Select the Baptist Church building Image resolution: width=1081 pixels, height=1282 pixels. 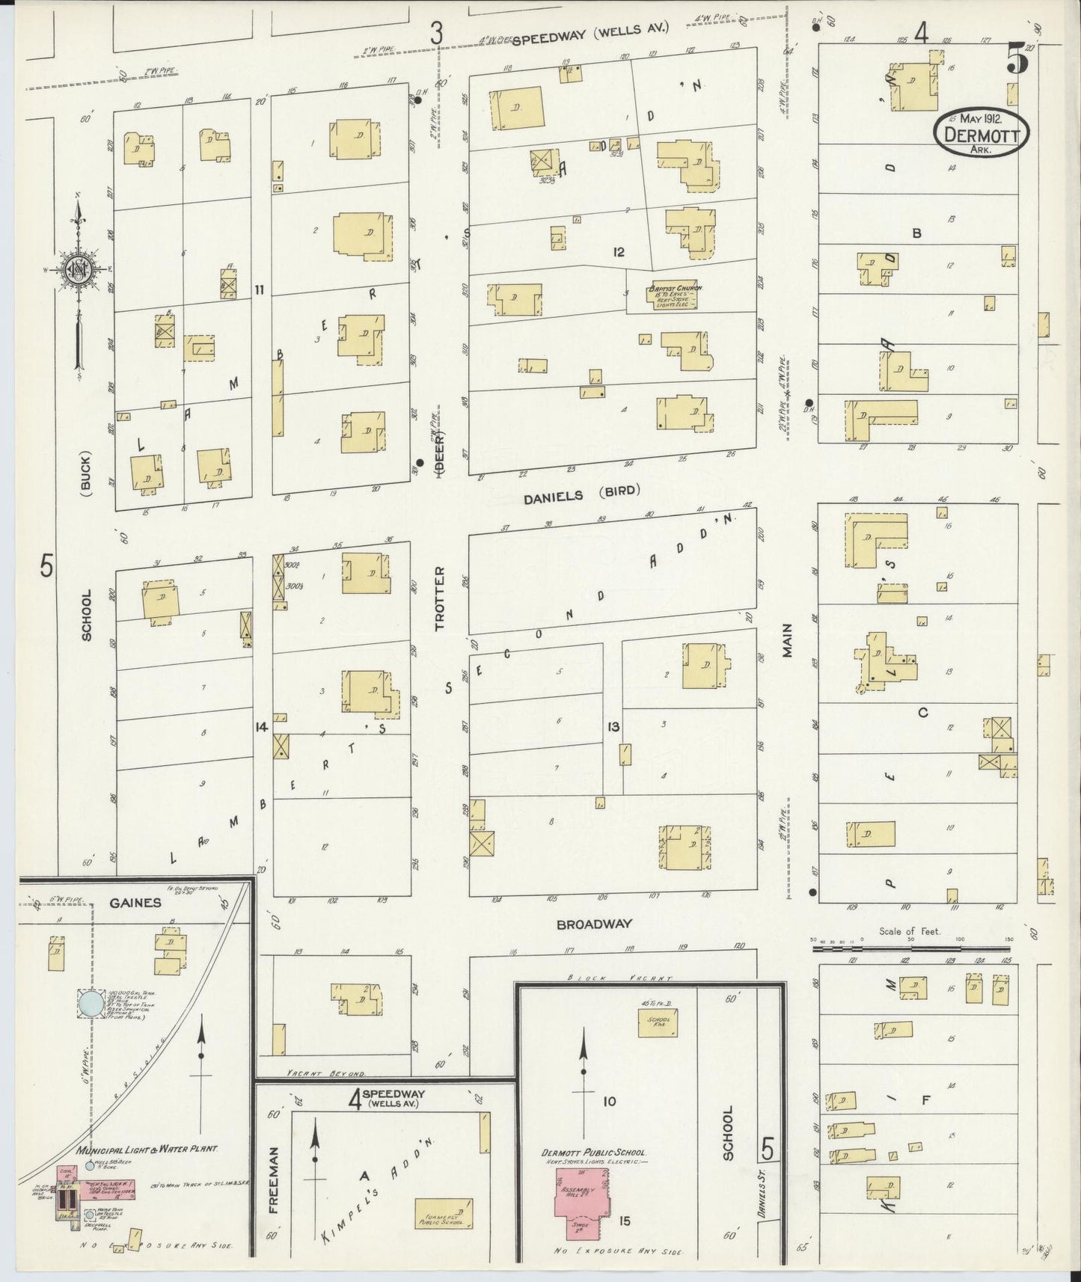(673, 297)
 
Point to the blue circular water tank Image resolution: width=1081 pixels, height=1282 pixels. (91, 1004)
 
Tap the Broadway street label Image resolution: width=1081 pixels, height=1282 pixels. (595, 924)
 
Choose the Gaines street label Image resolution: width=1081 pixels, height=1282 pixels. (135, 903)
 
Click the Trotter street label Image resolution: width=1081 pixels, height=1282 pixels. (440, 598)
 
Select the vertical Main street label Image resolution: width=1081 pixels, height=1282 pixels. (788, 641)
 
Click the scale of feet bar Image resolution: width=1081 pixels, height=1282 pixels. (913, 948)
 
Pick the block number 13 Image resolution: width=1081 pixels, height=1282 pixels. (613, 726)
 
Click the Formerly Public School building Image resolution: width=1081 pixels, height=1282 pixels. (443, 1213)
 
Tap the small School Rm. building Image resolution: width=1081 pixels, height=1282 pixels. (658, 1022)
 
